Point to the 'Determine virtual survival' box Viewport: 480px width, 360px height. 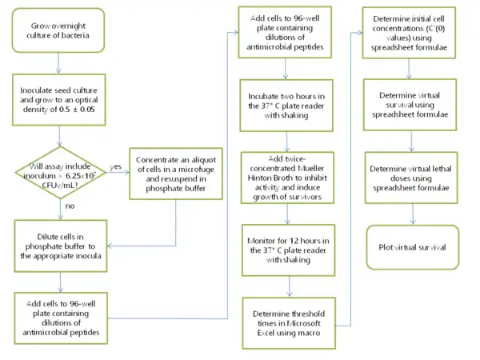pos(411,102)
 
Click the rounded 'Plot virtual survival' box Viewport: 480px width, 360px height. pos(411,247)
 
